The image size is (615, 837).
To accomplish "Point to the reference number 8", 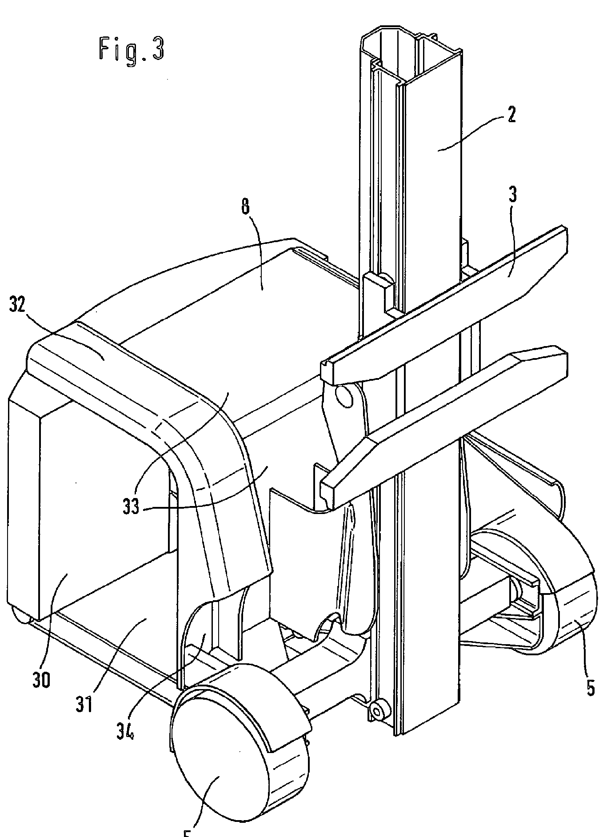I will [x=246, y=208].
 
